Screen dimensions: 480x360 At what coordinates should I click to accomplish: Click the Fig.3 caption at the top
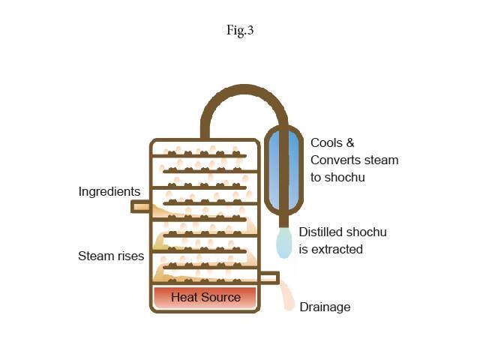240,30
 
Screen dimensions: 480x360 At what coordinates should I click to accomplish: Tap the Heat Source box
205,297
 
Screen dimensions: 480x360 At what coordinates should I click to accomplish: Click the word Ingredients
109,192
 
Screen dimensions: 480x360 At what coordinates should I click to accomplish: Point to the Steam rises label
111,256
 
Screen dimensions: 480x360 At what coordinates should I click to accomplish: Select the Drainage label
325,307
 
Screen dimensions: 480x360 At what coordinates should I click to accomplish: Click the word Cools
327,143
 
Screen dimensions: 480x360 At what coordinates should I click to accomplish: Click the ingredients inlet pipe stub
140,207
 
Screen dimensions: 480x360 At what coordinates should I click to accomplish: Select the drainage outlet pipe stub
269,278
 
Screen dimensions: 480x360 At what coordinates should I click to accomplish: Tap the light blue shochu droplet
283,243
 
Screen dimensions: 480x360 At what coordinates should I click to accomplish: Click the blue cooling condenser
283,170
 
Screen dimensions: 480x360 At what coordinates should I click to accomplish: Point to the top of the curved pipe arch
244,88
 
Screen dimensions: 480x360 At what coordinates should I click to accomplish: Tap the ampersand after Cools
350,143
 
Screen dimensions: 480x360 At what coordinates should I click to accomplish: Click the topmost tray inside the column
199,156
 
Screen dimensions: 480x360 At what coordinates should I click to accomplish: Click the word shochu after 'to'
345,178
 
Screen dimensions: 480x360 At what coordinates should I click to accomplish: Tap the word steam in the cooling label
378,160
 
